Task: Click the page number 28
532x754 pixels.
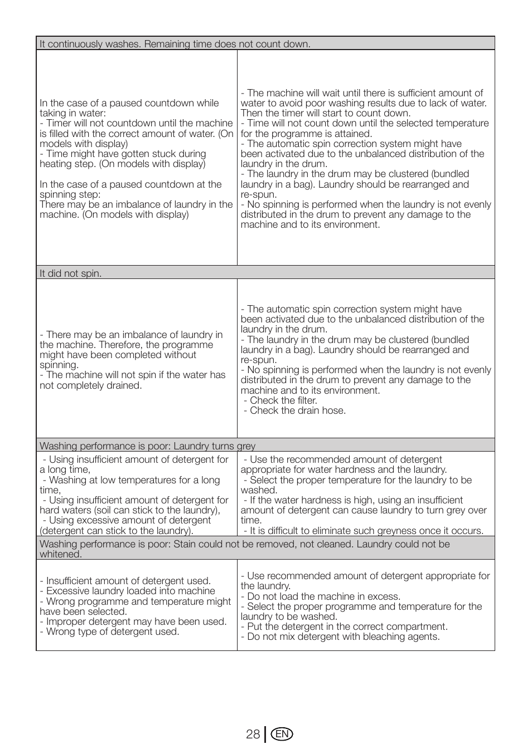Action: [253, 735]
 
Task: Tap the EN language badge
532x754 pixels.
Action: [282, 735]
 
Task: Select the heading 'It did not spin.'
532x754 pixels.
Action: [71, 273]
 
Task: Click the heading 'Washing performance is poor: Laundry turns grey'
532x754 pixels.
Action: [148, 446]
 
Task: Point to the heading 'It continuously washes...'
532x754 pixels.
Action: [175, 44]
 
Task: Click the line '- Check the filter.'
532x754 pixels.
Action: [280, 400]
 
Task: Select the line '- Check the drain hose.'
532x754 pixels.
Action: [294, 410]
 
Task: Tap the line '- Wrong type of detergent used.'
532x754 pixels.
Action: [110, 631]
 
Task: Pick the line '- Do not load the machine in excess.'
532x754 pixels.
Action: [321, 596]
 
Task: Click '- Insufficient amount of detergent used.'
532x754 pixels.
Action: [125, 581]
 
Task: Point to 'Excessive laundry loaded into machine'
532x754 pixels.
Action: [128, 591]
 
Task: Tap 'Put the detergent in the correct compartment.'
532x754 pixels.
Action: [345, 626]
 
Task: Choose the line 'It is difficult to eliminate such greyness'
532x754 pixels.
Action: [364, 531]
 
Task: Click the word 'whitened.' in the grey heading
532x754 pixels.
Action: [61, 554]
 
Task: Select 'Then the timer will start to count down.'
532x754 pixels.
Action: [326, 113]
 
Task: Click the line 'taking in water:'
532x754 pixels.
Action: [72, 113]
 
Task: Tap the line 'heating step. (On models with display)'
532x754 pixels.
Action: [123, 164]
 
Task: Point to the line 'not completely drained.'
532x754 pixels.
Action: [90, 385]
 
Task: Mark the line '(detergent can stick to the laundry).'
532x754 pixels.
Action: [117, 531]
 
